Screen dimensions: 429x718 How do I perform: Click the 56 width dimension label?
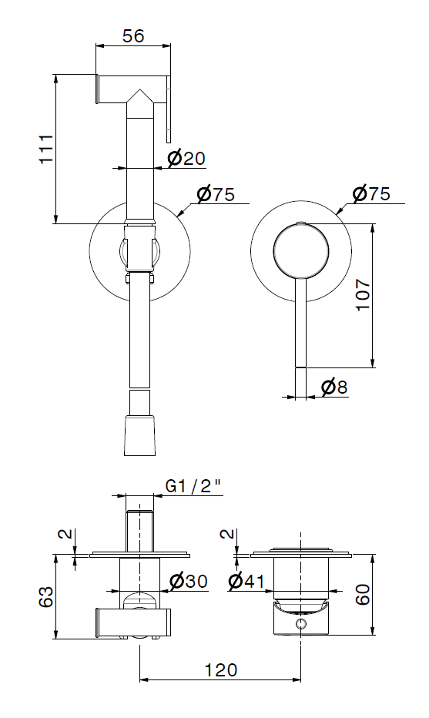pyautogui.click(x=133, y=35)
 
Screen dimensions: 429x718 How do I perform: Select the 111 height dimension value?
pyautogui.click(x=46, y=149)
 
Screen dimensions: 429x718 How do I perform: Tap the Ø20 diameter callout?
pyautogui.click(x=186, y=159)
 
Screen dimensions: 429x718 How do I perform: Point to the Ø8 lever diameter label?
pyautogui.click(x=334, y=388)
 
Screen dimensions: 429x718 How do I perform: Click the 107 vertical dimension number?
pyautogui.click(x=363, y=294)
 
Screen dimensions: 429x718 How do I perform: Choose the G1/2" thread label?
pyautogui.click(x=193, y=487)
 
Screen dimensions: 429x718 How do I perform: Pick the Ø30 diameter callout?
pyautogui.click(x=188, y=582)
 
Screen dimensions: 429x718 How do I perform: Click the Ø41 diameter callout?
pyautogui.click(x=246, y=582)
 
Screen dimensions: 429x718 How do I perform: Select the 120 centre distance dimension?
pyautogui.click(x=221, y=670)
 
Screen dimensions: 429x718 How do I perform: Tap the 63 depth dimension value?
pyautogui.click(x=46, y=596)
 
